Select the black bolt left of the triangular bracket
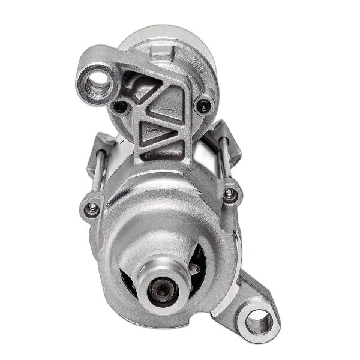(x=120, y=108)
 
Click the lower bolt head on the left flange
(x=92, y=209)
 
